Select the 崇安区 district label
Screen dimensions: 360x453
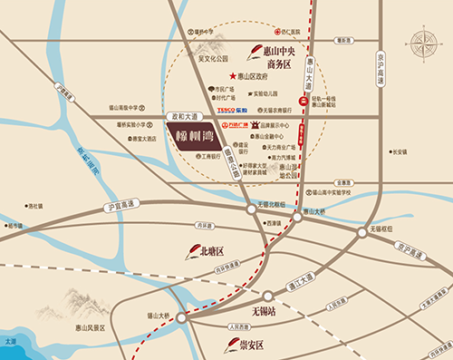tap(245, 345)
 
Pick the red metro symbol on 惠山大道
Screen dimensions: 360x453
tap(301, 100)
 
